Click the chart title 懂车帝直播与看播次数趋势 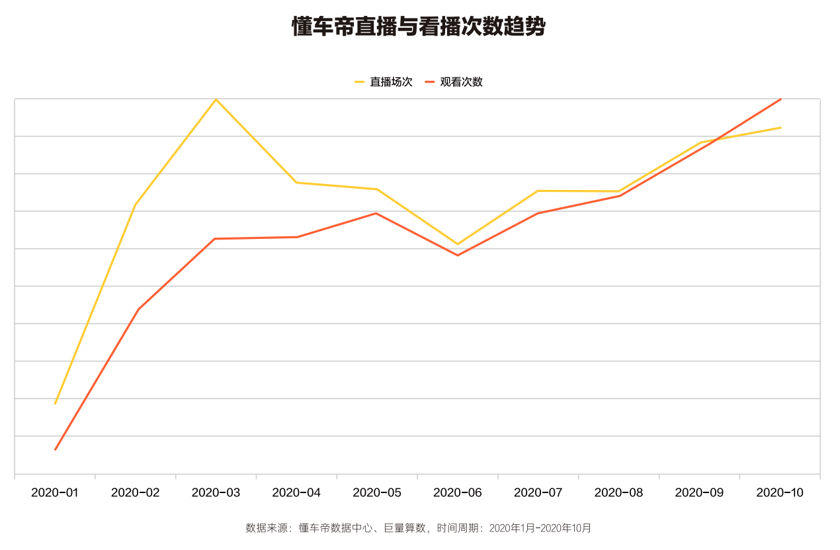419,27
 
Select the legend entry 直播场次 391,82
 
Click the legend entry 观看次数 461,82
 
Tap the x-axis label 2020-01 55,493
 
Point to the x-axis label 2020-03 216,493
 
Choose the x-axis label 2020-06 458,493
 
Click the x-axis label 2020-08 619,493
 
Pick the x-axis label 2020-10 780,493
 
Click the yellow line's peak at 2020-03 216,99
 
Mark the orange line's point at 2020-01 55,450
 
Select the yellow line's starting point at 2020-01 55,404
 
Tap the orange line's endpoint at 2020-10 781,99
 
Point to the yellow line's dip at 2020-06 458,244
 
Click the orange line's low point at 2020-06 458,255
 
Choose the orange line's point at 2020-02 138,309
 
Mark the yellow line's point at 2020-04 296,183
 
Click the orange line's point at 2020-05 376,213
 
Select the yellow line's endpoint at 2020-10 781,128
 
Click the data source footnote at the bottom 419,528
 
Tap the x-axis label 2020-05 377,493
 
